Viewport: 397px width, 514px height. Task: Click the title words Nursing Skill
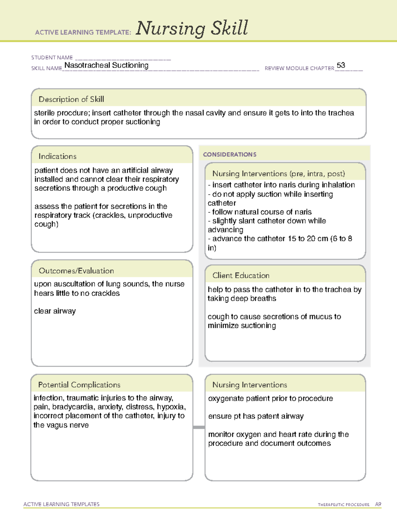(x=192, y=28)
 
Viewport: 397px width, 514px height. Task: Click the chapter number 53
(x=341, y=65)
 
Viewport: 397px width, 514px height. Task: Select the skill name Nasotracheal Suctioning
(x=106, y=65)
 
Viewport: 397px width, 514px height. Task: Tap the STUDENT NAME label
(x=52, y=58)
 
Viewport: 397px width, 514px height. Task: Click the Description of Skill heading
(x=71, y=99)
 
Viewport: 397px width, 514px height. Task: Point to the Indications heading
(x=57, y=156)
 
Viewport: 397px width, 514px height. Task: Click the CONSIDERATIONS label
(x=230, y=155)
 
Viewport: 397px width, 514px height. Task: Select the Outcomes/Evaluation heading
(x=76, y=271)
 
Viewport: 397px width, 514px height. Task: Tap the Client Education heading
(x=241, y=275)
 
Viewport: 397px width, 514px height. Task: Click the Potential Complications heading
(x=79, y=385)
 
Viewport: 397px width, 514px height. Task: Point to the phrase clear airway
(x=55, y=311)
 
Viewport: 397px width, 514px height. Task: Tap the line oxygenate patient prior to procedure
(x=270, y=398)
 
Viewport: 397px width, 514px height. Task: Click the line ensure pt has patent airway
(x=256, y=416)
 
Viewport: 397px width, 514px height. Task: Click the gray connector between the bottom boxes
(x=198, y=427)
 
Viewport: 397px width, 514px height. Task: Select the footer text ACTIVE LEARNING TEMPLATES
(x=61, y=504)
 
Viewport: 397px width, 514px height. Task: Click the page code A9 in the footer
(x=378, y=504)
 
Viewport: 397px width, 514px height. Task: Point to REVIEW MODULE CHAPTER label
(x=299, y=68)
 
